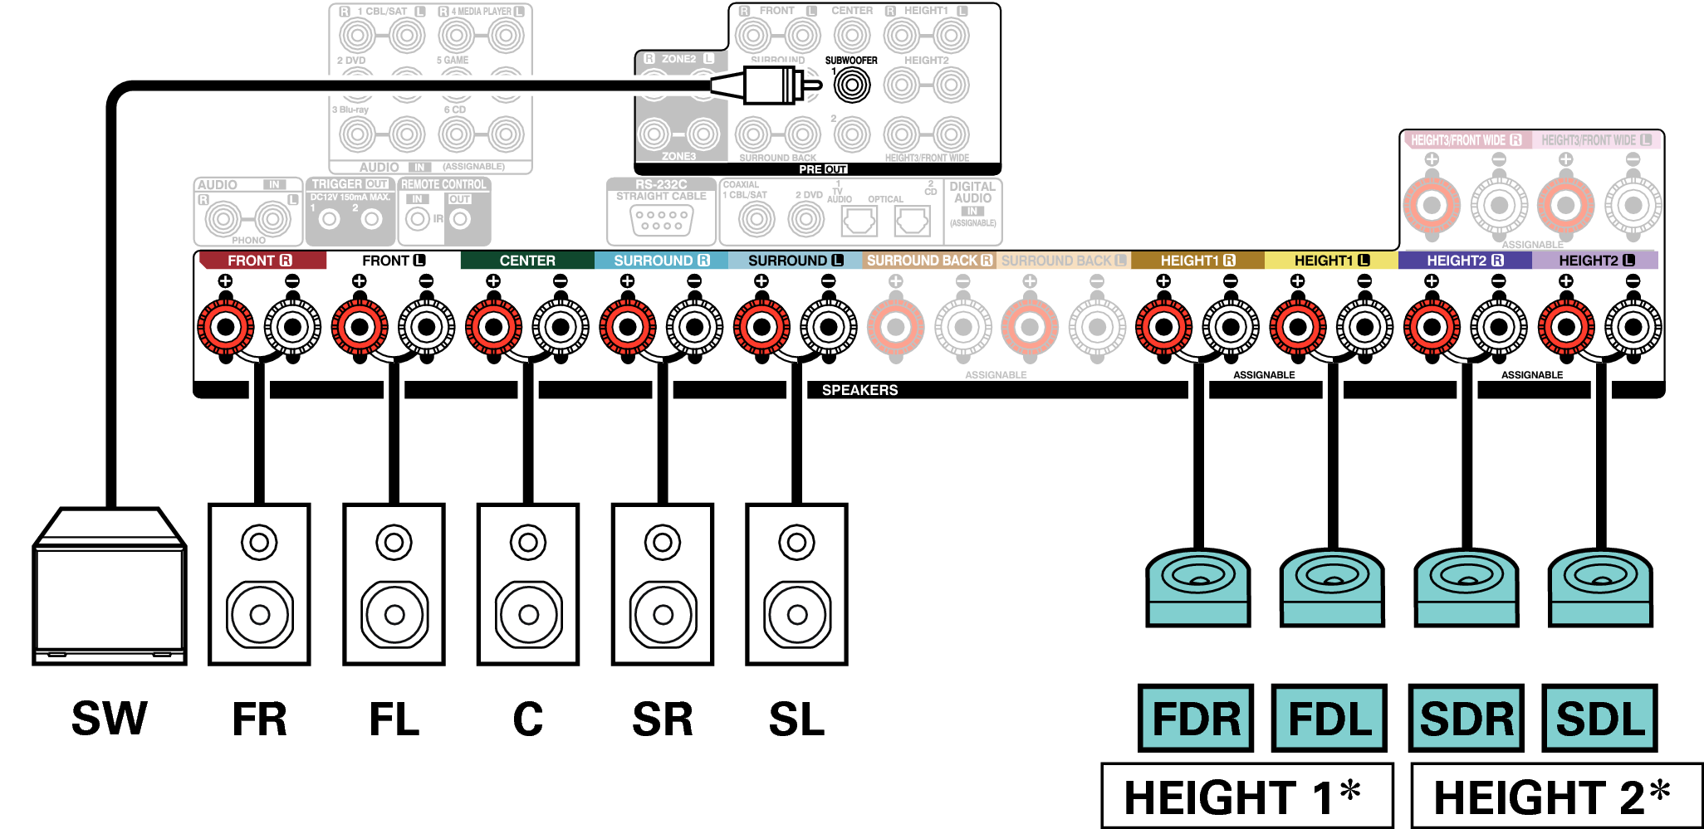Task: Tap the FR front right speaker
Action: pos(259,584)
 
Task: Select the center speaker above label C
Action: pos(528,584)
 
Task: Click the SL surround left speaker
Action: pos(796,584)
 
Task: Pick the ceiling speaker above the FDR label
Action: pos(1197,586)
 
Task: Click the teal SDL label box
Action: pos(1599,719)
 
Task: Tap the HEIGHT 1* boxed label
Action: pos(1246,797)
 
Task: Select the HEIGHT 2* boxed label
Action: pos(1555,797)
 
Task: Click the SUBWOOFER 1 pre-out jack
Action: pos(851,85)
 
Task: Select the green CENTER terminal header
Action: pos(527,261)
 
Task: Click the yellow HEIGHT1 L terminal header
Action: pos(1331,261)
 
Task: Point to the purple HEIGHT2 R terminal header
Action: pos(1465,261)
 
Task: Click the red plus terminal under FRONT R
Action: pos(225,326)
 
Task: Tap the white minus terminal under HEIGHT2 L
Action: pos(1633,326)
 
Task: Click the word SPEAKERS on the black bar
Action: pos(859,390)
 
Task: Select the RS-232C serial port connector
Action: pos(661,220)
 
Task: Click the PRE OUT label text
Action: pos(822,169)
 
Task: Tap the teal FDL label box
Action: pos(1329,719)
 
